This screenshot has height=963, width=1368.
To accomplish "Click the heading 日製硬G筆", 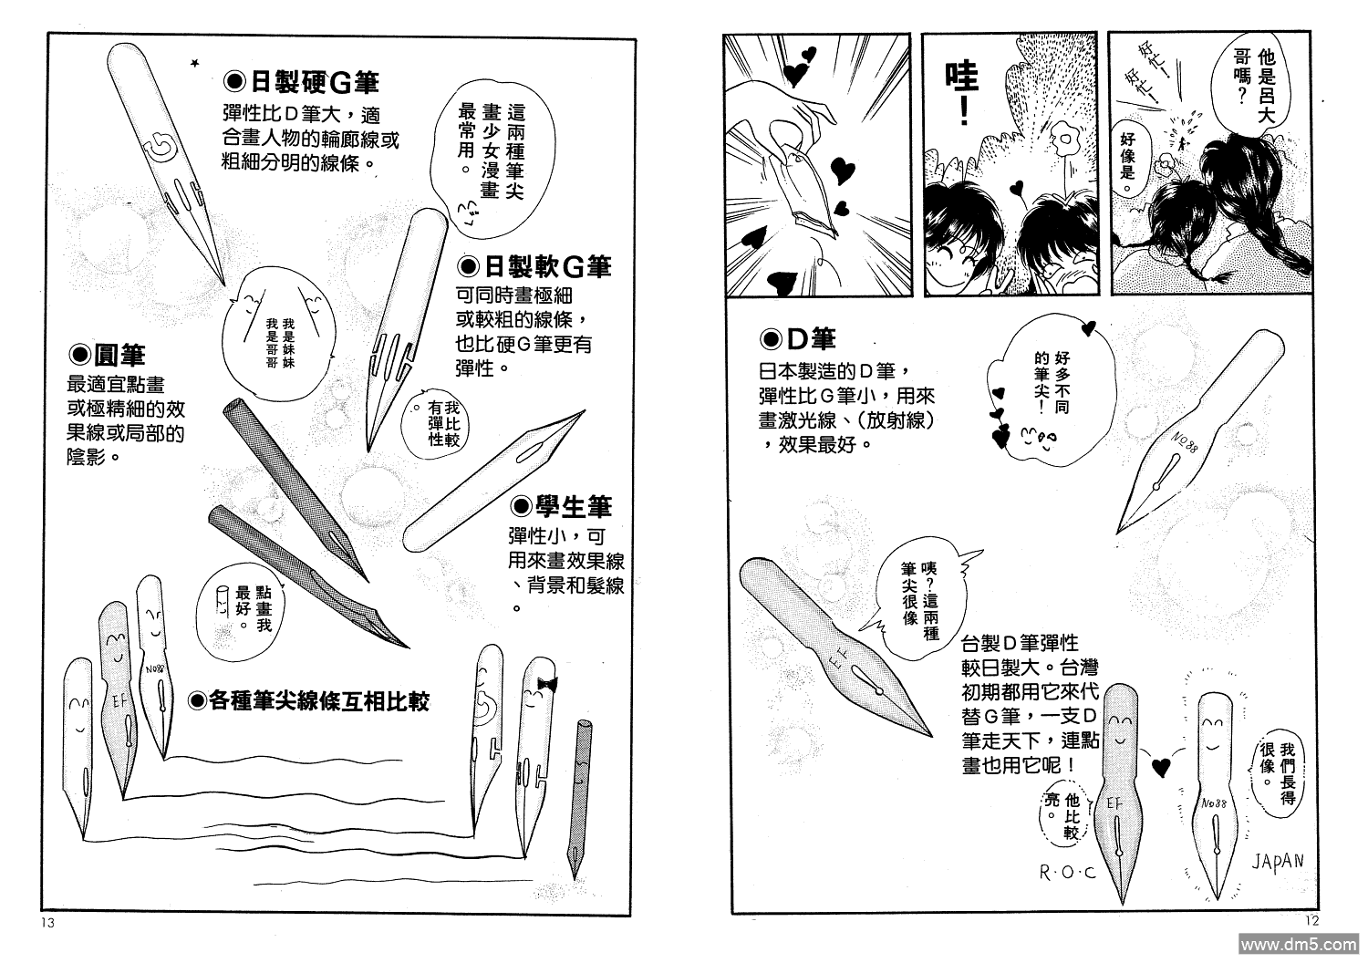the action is point(301,83).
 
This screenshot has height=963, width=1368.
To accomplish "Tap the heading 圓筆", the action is point(108,355).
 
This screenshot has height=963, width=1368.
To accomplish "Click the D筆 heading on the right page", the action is point(798,340).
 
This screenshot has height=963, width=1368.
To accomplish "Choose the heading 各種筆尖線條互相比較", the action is point(308,700).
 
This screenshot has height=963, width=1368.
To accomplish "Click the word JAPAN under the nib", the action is point(1277,860).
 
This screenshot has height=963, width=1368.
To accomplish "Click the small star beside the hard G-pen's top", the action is point(193,63).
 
